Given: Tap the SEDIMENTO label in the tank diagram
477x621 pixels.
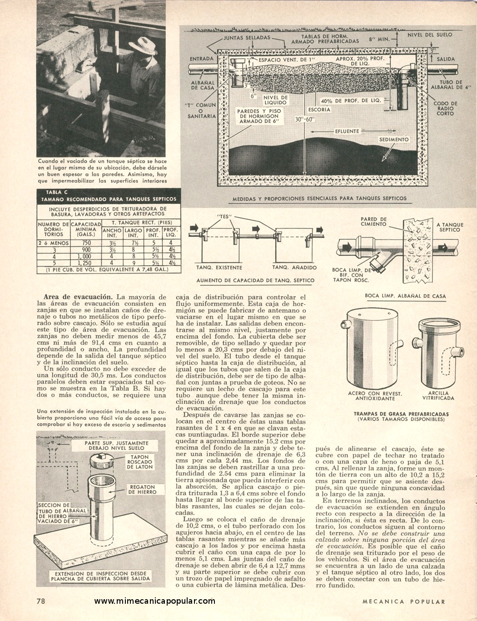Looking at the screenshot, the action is (394, 139).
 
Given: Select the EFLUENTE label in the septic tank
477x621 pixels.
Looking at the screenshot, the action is (347, 131).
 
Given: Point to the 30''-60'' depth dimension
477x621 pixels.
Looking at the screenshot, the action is (305, 119).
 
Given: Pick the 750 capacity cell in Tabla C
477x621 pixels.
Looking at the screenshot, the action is (86, 243).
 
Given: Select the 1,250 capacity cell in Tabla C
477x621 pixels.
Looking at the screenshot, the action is (86, 263).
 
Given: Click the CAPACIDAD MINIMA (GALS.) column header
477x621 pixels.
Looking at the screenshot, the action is (86, 229).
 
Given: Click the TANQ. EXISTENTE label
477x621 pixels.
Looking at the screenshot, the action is (219, 268).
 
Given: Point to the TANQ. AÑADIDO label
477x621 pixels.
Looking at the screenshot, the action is (294, 268).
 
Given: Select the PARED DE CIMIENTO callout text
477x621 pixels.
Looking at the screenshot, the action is (373, 222).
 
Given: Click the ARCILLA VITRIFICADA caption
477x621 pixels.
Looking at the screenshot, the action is (438, 396).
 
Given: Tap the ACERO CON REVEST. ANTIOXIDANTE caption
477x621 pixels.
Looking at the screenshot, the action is (375, 396).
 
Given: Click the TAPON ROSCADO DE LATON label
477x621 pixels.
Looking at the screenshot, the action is (140, 462).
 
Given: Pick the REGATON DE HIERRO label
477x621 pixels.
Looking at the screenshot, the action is (143, 489).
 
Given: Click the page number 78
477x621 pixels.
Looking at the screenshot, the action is (41, 601).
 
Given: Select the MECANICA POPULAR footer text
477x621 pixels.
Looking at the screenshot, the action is (404, 601).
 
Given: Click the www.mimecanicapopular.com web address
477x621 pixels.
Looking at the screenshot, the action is (154, 601).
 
